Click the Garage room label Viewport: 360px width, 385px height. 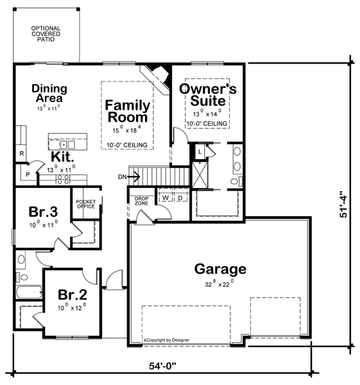(221, 269)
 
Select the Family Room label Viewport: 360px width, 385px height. (128, 111)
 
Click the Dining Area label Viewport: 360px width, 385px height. (47, 94)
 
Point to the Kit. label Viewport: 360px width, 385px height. (63, 157)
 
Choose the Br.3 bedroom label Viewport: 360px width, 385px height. (44, 212)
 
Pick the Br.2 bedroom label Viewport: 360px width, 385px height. (72, 295)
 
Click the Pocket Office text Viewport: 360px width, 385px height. (85, 203)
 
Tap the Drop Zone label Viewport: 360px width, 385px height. (141, 201)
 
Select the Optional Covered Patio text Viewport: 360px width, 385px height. (45, 34)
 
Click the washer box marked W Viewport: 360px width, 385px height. (165, 198)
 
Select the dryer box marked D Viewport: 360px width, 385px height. (180, 198)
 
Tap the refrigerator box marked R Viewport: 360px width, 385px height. (21, 154)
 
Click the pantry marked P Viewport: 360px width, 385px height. (27, 174)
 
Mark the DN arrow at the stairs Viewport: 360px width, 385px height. (126, 176)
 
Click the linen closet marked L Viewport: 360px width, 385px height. (200, 150)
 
